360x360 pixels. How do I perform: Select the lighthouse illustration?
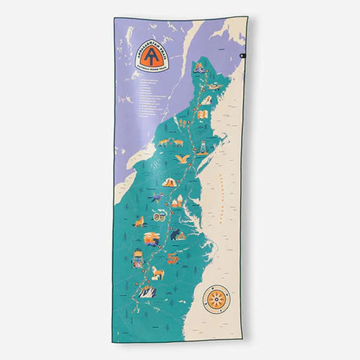[x=203, y=148]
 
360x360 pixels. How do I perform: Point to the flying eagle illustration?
[x=183, y=158]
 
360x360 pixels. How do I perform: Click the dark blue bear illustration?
[x=176, y=235]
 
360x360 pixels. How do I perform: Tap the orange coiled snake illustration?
[x=172, y=257]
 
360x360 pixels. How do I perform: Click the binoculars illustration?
[x=160, y=217]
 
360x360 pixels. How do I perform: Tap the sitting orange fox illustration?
[x=139, y=222]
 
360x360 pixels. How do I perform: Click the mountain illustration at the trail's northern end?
[x=199, y=67]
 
